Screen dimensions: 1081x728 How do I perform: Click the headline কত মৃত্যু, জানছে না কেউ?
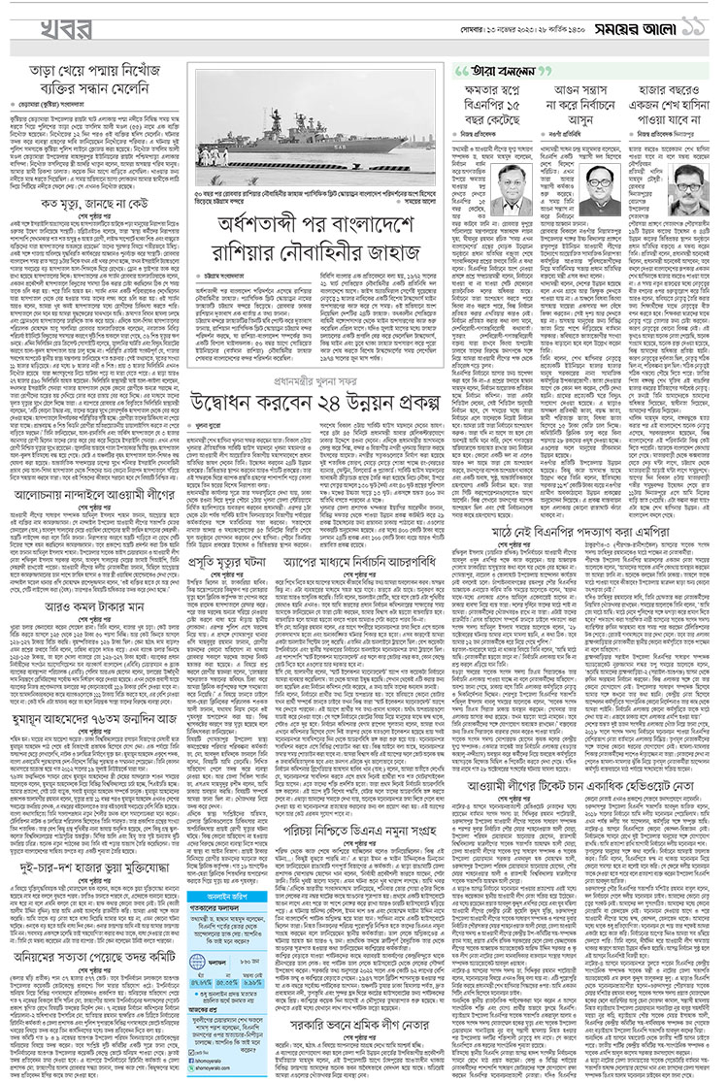click(95, 205)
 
